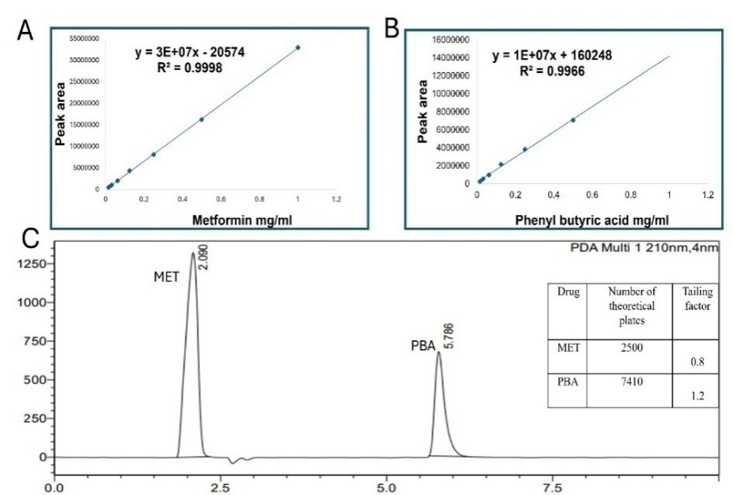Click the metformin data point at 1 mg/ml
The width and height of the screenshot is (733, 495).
coord(298,47)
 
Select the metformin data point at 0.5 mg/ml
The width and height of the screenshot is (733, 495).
coord(202,119)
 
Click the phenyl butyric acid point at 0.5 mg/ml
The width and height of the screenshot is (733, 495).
coord(573,119)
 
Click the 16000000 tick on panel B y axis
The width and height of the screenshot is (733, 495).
coord(446,39)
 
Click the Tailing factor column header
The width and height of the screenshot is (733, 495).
coord(695,298)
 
